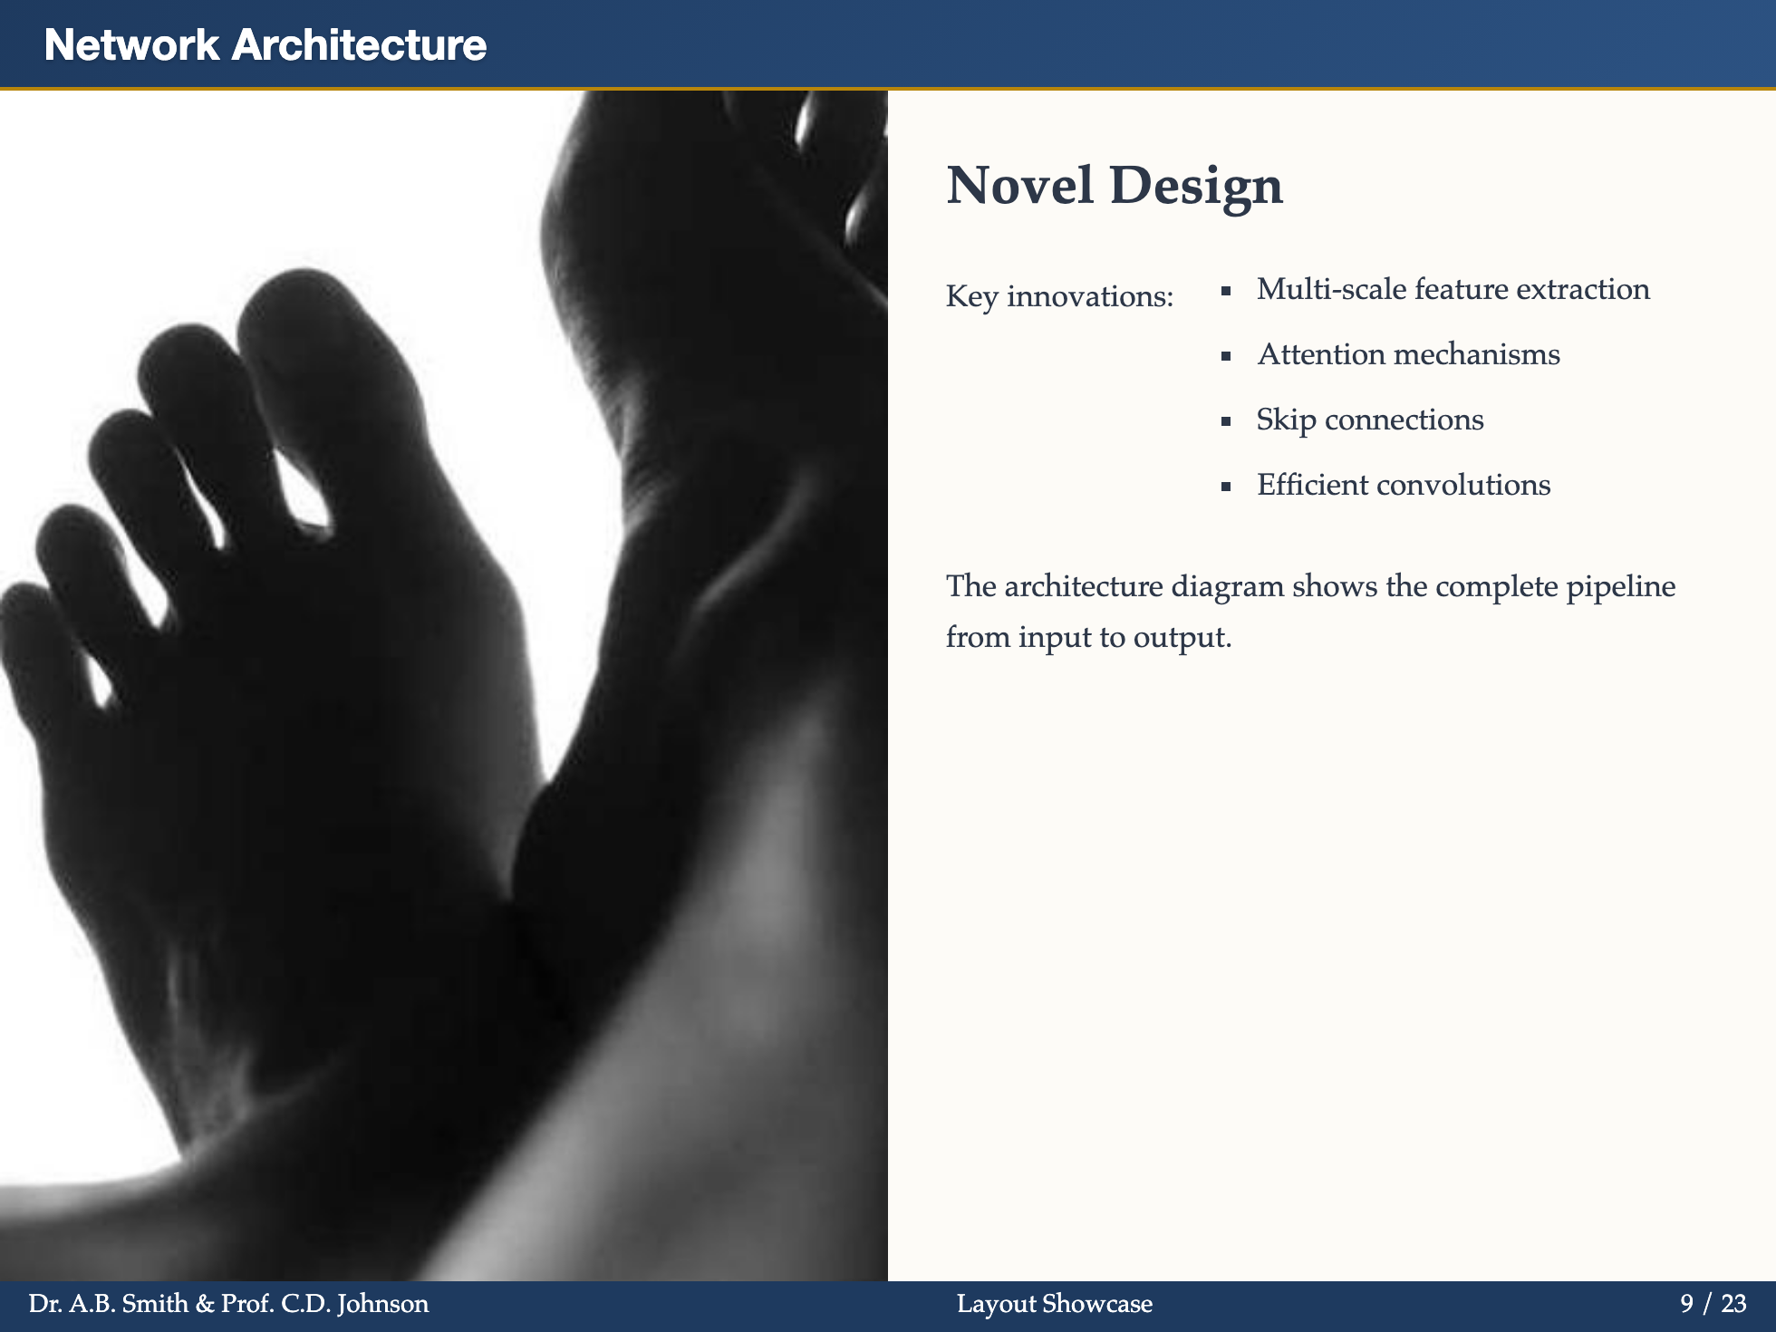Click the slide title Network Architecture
click(265, 45)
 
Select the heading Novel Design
click(1114, 186)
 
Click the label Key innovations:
click(1059, 296)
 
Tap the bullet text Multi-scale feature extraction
click(1453, 289)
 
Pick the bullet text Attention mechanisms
click(1408, 354)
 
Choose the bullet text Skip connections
click(1369, 420)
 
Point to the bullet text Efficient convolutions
click(1403, 485)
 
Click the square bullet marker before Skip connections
click(1226, 421)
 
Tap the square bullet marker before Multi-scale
click(1226, 291)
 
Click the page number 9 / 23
click(1713, 1304)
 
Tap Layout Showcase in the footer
click(1055, 1304)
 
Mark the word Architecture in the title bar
click(359, 45)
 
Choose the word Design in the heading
click(1196, 186)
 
